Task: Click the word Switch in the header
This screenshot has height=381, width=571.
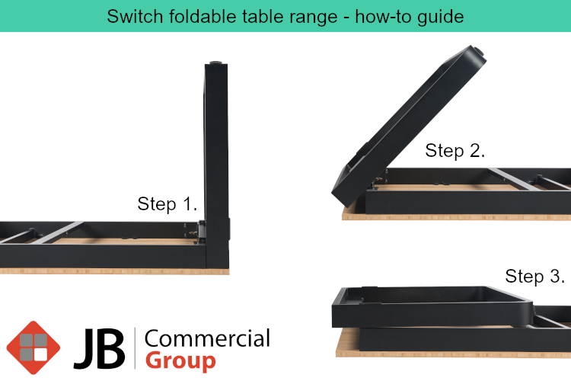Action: pos(134,17)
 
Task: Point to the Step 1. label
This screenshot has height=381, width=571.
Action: pos(167,203)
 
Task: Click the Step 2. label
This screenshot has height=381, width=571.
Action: pos(455,151)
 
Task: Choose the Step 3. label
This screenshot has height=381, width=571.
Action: pos(535,276)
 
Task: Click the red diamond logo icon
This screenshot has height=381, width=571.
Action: pos(33,347)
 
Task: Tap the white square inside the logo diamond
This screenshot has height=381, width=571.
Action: pos(40,355)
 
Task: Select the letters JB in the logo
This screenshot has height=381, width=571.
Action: pos(100,348)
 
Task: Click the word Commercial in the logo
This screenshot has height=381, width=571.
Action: pos(207,338)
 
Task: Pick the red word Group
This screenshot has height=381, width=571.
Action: pos(180,361)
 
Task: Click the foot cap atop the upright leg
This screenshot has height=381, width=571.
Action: pos(216,62)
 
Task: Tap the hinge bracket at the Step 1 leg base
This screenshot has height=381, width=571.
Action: pos(194,232)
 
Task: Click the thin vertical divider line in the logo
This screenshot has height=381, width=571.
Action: pos(135,348)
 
